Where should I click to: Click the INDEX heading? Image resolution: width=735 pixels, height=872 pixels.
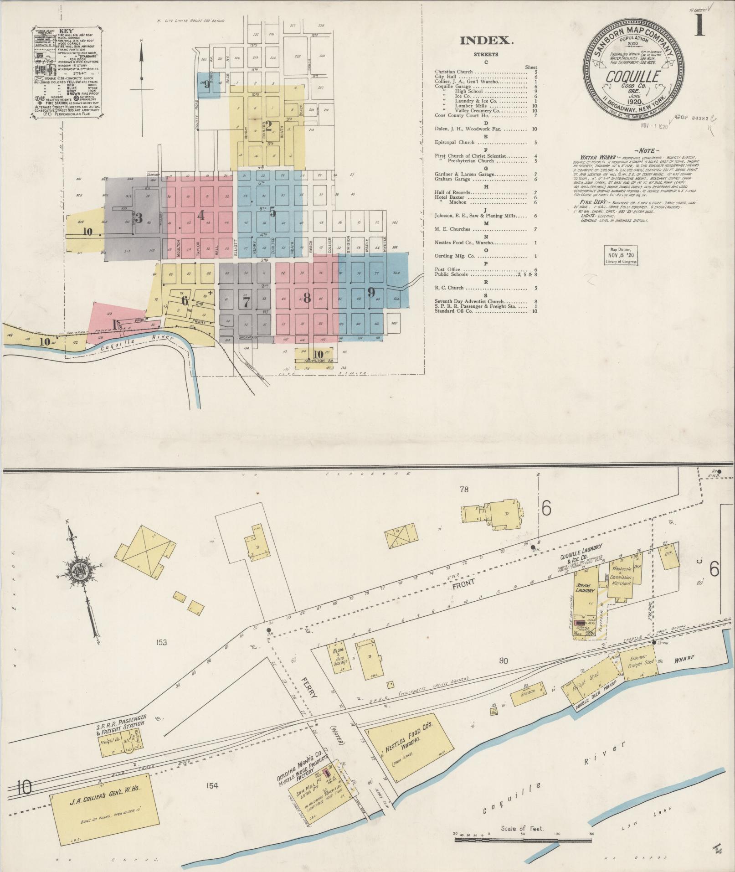coord(486,41)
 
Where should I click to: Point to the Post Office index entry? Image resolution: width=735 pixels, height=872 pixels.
coord(447,269)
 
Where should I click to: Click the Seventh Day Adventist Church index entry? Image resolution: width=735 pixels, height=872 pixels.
coord(469,301)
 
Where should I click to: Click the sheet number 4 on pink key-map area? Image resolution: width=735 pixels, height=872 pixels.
coord(200,216)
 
